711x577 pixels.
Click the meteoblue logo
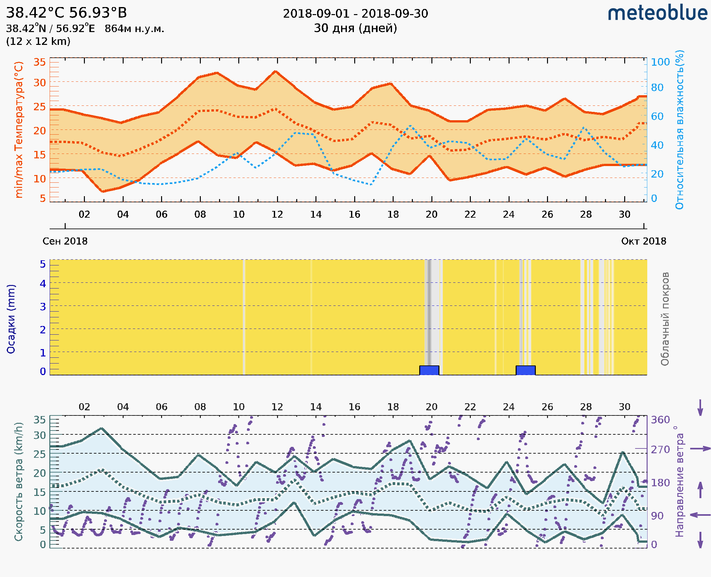click(x=657, y=13)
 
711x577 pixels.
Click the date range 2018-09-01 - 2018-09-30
click(x=355, y=14)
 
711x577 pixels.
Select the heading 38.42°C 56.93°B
click(x=66, y=13)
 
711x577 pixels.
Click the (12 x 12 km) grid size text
click(x=38, y=42)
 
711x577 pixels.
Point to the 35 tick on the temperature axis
click(x=39, y=62)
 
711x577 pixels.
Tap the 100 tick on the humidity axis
click(x=660, y=62)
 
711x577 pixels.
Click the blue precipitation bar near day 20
click(x=429, y=370)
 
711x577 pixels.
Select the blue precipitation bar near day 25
click(x=525, y=370)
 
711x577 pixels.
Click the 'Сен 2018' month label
click(x=65, y=241)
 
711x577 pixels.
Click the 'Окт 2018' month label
click(x=644, y=241)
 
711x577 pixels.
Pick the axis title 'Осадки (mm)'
click(x=11, y=319)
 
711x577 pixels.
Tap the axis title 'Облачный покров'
click(x=665, y=319)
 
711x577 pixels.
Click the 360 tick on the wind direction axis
click(x=660, y=420)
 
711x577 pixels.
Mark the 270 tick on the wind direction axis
click(x=660, y=450)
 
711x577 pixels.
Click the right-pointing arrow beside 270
click(x=700, y=449)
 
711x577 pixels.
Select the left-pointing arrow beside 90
click(x=700, y=515)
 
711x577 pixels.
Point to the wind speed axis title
click(x=19, y=482)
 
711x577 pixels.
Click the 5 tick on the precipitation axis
click(x=43, y=264)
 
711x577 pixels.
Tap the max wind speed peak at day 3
click(x=102, y=429)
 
